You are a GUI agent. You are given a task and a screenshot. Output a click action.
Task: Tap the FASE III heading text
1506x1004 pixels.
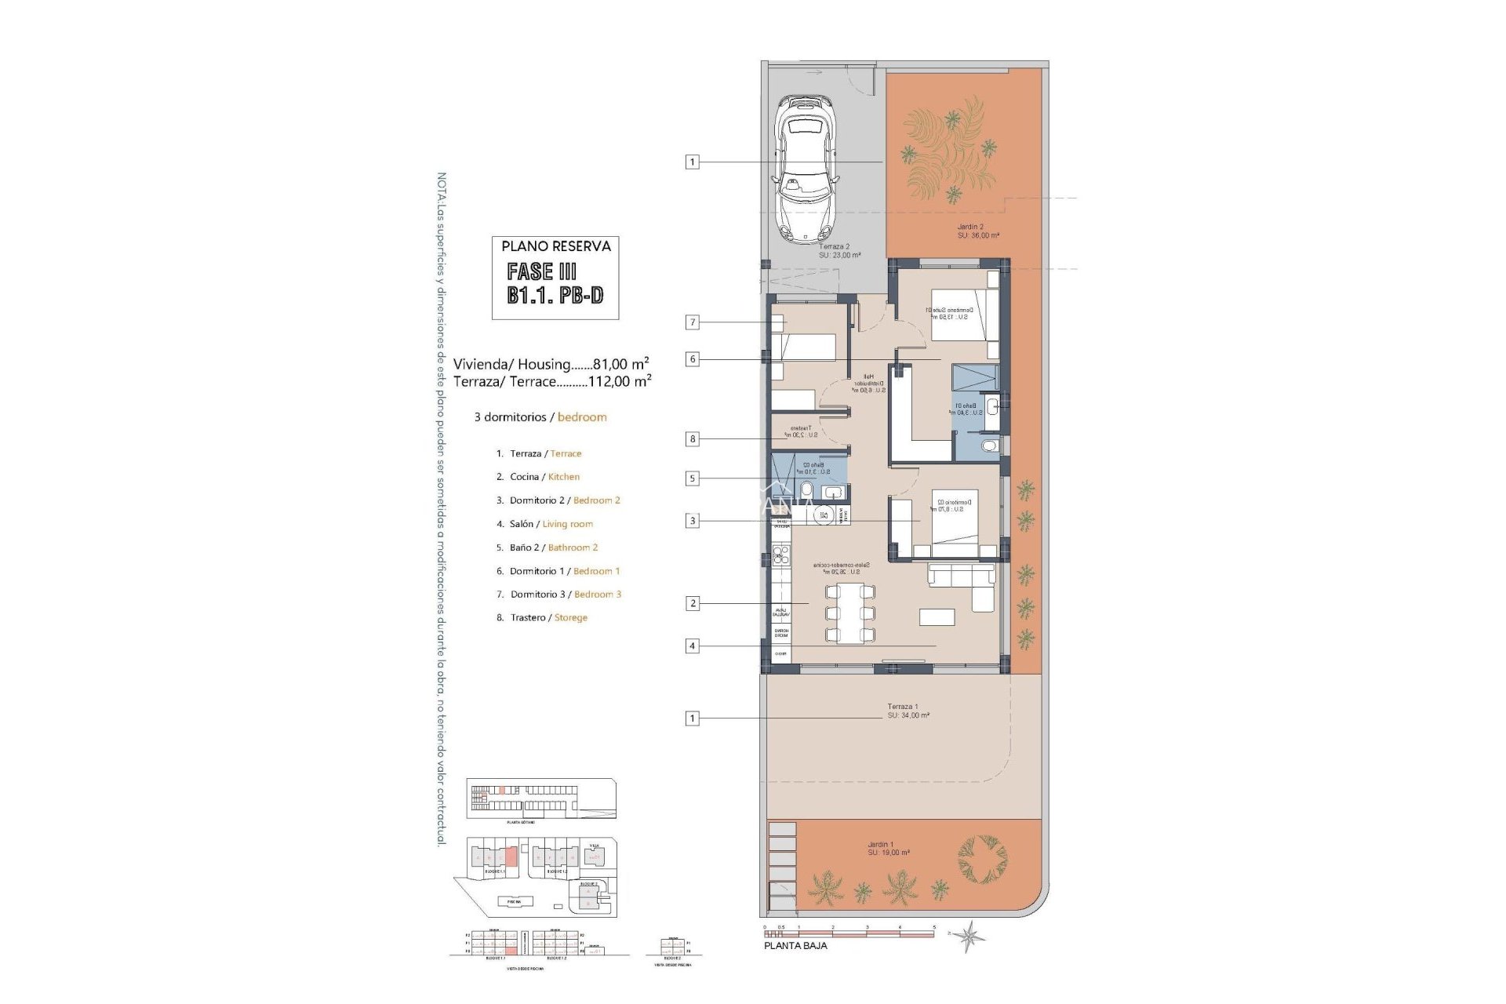pyautogui.click(x=541, y=271)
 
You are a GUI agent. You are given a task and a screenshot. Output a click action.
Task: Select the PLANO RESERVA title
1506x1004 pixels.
pyautogui.click(x=555, y=246)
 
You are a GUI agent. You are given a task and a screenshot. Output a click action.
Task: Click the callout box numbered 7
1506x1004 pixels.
pyautogui.click(x=692, y=322)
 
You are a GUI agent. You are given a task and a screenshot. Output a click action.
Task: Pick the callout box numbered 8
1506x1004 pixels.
pyautogui.click(x=692, y=439)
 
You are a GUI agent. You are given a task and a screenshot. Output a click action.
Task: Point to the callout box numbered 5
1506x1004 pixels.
pyautogui.click(x=692, y=478)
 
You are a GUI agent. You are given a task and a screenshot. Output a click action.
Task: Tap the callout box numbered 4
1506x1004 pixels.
pyautogui.click(x=692, y=646)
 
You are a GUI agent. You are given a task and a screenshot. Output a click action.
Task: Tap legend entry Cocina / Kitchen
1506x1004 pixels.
pyautogui.click(x=544, y=477)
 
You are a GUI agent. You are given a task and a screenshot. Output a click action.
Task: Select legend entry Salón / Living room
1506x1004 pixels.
pyautogui.click(x=551, y=524)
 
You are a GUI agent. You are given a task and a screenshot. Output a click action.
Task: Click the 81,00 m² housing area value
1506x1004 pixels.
pyautogui.click(x=620, y=364)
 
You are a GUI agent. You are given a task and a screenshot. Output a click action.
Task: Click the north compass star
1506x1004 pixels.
pyautogui.click(x=971, y=935)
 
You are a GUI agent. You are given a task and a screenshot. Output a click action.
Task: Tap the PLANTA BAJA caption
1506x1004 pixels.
pyautogui.click(x=795, y=946)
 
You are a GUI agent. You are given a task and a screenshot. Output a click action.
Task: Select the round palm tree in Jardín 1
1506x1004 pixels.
pyautogui.click(x=982, y=858)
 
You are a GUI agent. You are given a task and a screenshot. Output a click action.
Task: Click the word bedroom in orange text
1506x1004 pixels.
pyautogui.click(x=582, y=417)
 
